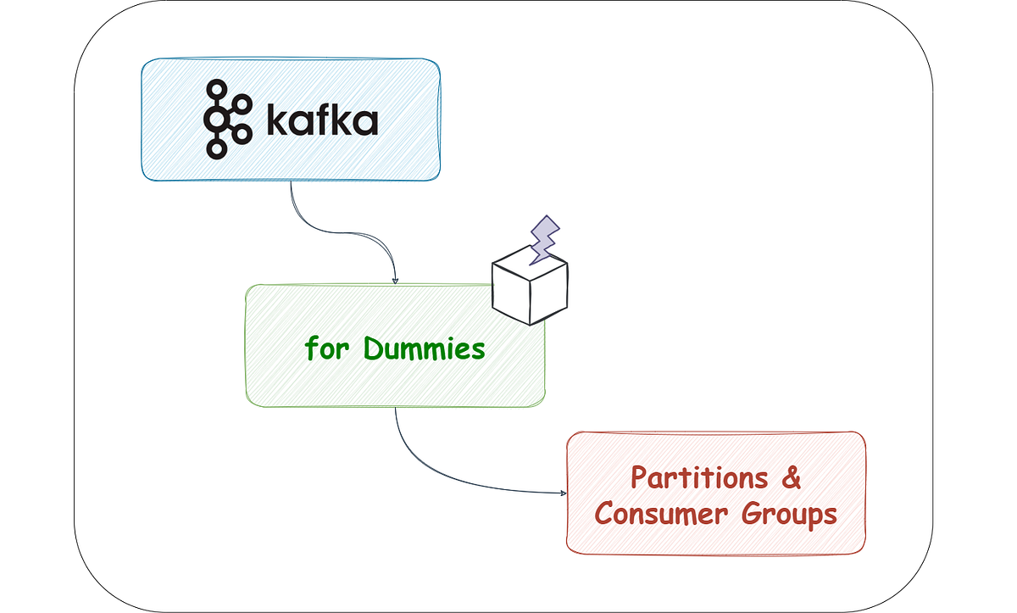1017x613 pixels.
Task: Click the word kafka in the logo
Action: (322, 119)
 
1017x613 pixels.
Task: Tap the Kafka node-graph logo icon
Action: (228, 120)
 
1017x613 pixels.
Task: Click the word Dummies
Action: (424, 349)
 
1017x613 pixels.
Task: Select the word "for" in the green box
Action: (327, 348)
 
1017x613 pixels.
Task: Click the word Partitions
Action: (699, 478)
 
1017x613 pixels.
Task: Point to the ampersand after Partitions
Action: (791, 477)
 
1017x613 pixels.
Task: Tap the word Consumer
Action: (662, 514)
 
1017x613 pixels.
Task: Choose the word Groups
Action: (789, 515)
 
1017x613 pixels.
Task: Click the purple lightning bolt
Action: (544, 240)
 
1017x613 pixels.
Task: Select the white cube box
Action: (530, 285)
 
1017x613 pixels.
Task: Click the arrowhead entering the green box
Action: (395, 281)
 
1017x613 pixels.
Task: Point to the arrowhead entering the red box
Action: (564, 493)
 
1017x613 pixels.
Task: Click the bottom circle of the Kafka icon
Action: (217, 149)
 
